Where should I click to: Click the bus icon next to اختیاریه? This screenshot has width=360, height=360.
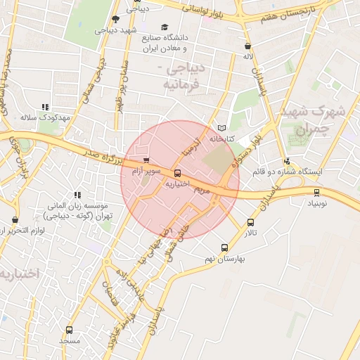176,172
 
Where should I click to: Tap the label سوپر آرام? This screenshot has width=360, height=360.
149,171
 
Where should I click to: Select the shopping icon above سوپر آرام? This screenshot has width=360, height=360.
146,160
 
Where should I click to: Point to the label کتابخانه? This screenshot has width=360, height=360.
221,139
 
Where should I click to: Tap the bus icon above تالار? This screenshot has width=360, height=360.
251,222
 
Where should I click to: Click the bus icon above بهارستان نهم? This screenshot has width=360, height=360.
225,247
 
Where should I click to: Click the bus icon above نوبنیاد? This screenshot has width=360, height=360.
316,191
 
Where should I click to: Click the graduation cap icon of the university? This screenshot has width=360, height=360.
165,27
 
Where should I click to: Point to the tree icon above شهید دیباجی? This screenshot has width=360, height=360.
115,20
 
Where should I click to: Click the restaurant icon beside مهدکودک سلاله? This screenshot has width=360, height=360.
46,107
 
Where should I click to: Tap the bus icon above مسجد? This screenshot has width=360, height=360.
69,330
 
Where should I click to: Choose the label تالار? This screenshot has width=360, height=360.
251,233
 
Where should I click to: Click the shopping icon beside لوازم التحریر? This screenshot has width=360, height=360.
15,219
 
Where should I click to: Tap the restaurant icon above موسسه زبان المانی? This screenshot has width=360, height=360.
77,195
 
